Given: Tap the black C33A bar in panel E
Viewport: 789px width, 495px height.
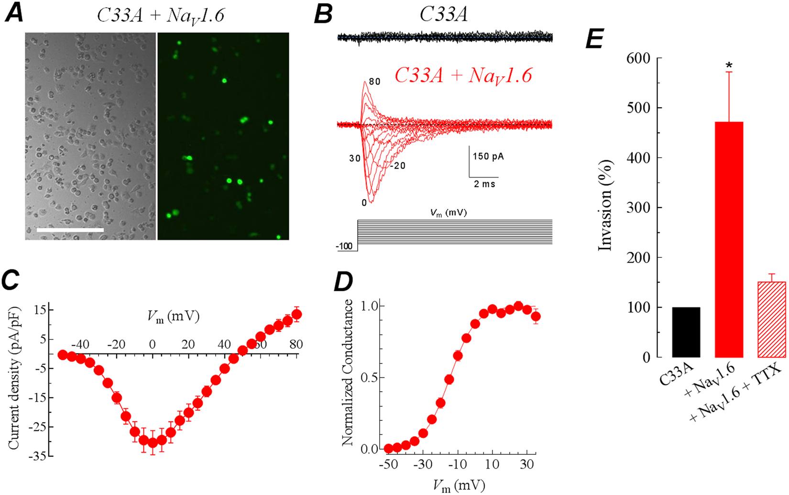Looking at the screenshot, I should click(x=686, y=332).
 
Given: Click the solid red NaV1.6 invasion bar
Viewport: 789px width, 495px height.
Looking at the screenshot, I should click(x=729, y=239).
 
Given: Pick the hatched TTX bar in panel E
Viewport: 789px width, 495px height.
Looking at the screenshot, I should click(x=772, y=319).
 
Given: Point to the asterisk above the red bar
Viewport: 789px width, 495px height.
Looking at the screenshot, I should click(x=729, y=65).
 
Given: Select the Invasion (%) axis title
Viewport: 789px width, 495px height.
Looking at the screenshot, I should click(x=605, y=206).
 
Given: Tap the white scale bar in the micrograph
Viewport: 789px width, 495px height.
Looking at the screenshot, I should click(x=70, y=230).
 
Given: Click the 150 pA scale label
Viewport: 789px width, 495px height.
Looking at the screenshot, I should click(x=488, y=156).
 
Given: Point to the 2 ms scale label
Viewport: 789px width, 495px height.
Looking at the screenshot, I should click(x=484, y=184).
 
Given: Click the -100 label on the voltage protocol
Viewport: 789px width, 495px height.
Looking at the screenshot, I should click(x=344, y=247).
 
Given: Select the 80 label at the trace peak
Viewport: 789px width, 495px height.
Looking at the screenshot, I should click(x=374, y=82).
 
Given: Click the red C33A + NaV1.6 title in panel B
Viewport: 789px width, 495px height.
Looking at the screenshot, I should click(x=463, y=76).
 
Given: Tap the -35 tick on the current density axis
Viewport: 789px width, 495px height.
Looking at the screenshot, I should click(x=39, y=456).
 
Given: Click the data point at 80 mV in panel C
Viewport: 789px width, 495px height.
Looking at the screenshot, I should click(x=296, y=314).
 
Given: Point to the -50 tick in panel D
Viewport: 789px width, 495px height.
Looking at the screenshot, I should click(x=387, y=464).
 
